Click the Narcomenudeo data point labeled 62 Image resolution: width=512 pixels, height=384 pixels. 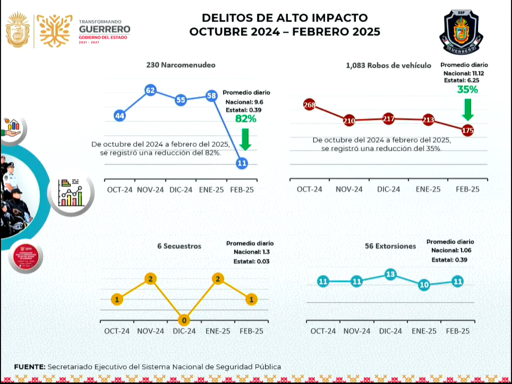(x=150, y=90)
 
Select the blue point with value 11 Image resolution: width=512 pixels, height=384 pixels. (x=242, y=163)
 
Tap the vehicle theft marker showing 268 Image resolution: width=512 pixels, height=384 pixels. (x=309, y=105)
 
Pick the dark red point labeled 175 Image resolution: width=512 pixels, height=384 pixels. (x=468, y=130)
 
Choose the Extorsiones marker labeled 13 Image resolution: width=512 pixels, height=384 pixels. (x=390, y=274)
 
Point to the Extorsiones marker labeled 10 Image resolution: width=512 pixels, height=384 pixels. (x=424, y=285)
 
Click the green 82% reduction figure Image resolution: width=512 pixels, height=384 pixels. (x=245, y=119)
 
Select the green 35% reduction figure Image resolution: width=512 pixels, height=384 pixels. (x=467, y=89)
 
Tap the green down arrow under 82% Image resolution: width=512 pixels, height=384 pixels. (x=245, y=139)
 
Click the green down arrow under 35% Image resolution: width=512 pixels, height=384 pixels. (x=467, y=109)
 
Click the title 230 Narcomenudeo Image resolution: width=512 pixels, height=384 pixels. (x=180, y=65)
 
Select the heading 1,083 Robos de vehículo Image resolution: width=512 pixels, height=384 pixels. (x=388, y=65)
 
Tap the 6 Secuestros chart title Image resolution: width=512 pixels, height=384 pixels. (x=179, y=246)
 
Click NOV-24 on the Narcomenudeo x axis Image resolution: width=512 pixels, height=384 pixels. (x=150, y=190)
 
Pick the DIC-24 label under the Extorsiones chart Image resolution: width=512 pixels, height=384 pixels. (x=390, y=331)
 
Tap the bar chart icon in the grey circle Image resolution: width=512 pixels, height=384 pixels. (x=70, y=193)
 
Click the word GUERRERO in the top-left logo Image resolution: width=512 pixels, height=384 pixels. (x=104, y=29)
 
